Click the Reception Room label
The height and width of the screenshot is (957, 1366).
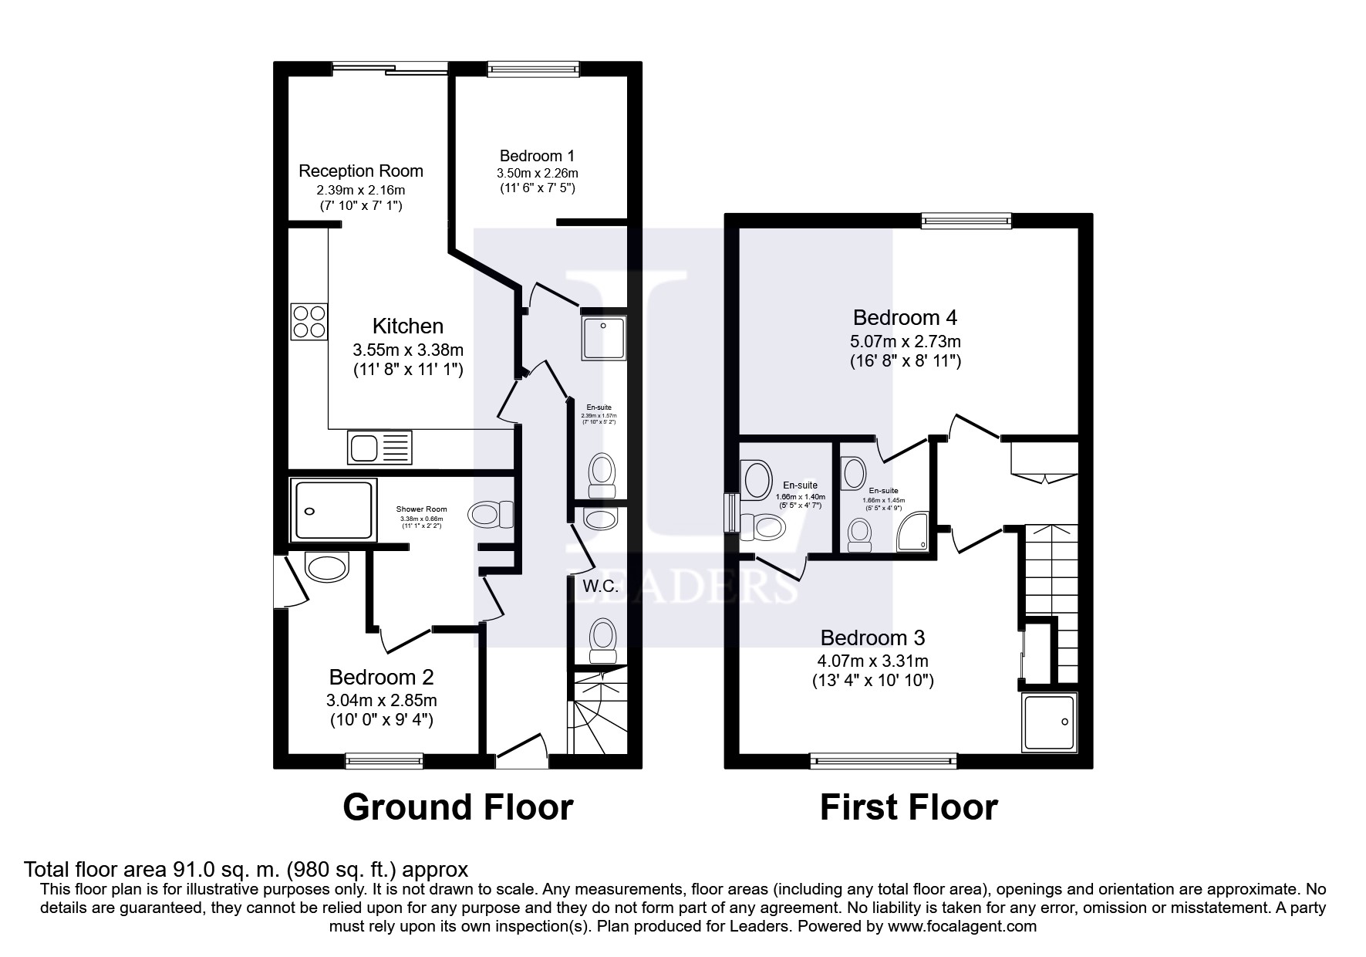point(361,171)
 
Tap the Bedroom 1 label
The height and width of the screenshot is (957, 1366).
point(537,155)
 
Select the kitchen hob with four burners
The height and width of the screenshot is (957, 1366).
point(309,322)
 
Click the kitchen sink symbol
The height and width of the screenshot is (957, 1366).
point(380,448)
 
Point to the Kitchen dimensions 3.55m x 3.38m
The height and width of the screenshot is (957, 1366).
point(408,350)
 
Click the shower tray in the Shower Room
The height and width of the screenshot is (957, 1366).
point(332,509)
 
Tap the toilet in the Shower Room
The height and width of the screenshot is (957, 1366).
point(491,513)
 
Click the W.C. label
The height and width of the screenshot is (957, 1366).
point(601,586)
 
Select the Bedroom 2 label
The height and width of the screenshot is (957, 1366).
point(381,677)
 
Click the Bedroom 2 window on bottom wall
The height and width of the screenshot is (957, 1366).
point(384,760)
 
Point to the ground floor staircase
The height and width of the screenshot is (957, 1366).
point(597,714)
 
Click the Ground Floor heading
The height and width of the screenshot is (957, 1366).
point(457,807)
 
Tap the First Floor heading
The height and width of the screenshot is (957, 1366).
point(908,807)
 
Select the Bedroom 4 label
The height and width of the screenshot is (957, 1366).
point(906,317)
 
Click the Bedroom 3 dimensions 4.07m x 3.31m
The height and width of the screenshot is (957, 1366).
point(872,661)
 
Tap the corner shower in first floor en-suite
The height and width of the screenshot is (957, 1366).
point(913,533)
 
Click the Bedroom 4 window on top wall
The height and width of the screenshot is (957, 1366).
point(967,221)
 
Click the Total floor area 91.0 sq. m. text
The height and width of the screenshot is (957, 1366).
point(246,870)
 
